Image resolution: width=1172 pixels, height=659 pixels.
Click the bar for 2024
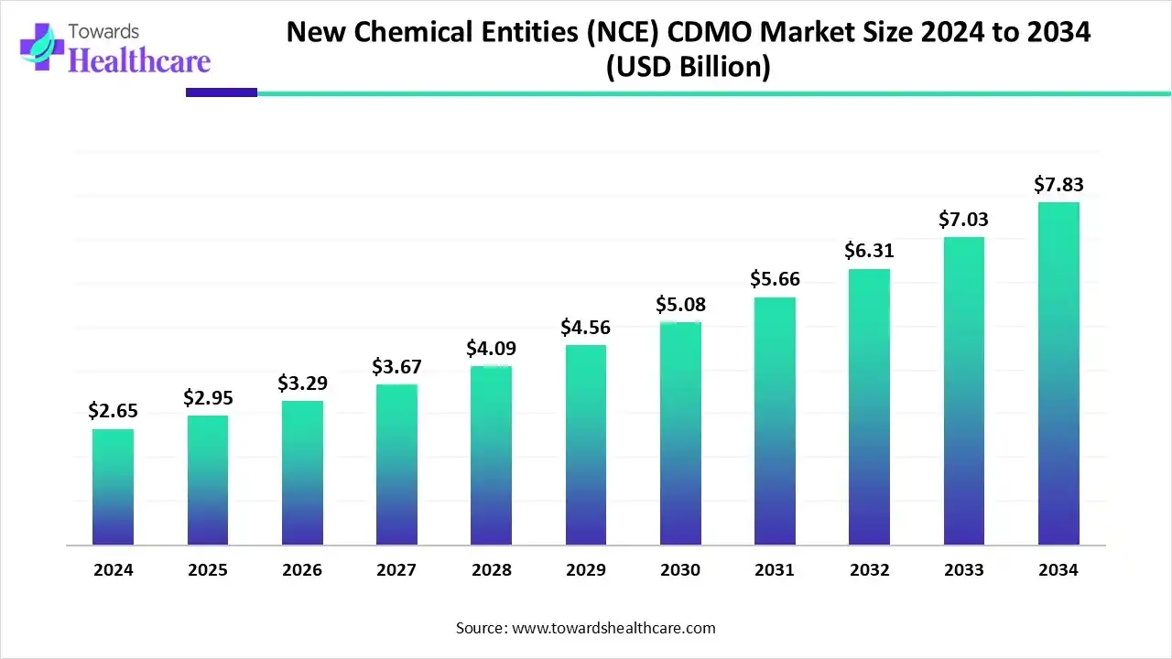(113, 487)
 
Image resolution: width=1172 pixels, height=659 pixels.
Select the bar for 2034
(1058, 373)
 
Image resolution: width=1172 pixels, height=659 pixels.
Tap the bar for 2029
(586, 445)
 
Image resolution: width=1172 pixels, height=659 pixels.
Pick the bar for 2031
(775, 421)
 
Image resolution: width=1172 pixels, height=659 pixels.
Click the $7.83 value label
(1058, 185)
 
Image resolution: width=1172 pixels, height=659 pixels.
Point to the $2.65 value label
(113, 412)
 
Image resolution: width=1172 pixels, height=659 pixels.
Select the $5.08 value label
(680, 305)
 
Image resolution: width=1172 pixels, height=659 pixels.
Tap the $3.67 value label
(396, 367)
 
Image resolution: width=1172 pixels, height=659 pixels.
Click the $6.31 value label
(869, 251)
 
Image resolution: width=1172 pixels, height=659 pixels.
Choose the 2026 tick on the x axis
(302, 570)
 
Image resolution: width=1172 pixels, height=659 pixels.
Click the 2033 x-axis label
(963, 570)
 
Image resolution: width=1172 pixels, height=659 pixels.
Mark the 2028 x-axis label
(491, 570)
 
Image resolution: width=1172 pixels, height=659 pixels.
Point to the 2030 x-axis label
(680, 570)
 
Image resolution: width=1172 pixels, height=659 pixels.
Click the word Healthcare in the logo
(139, 60)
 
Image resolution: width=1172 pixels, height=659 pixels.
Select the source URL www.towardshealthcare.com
(612, 628)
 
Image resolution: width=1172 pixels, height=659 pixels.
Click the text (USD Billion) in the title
(688, 68)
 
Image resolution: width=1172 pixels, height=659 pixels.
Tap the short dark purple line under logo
(222, 92)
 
